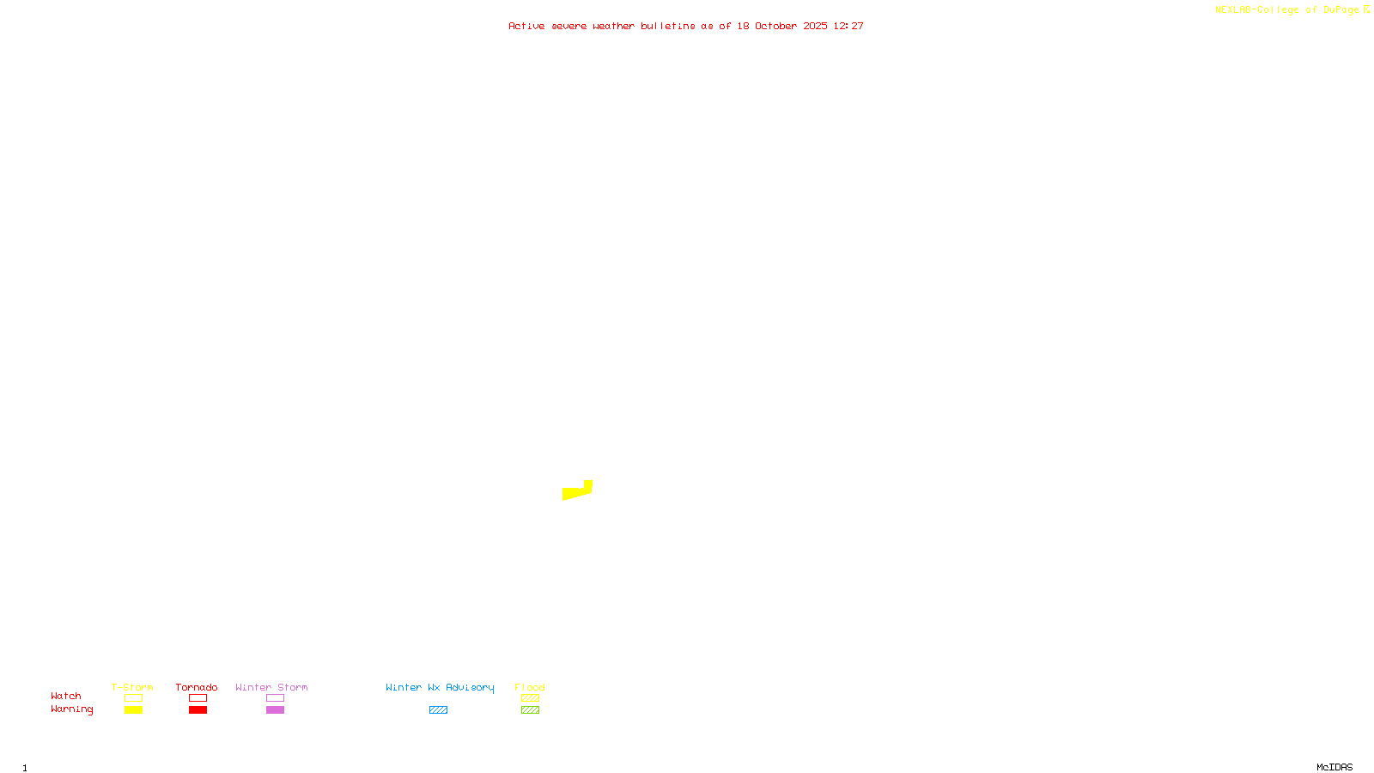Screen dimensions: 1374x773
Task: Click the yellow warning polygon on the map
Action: coord(575,492)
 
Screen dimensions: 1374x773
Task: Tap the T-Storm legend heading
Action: coord(132,687)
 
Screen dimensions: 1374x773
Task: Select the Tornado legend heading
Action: coord(197,687)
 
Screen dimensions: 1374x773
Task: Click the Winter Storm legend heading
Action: coord(271,687)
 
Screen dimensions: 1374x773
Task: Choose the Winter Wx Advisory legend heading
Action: coord(440,687)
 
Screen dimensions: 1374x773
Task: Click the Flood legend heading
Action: coord(530,687)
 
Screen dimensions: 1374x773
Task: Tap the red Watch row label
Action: coord(66,696)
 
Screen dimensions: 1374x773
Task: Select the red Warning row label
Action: coord(72,709)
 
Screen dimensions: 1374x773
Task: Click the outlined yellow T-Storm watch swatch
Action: coord(133,698)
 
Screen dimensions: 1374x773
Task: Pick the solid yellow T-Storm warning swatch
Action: coord(133,710)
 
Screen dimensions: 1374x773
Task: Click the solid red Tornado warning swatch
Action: coord(198,710)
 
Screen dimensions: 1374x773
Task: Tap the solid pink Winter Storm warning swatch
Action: coord(275,710)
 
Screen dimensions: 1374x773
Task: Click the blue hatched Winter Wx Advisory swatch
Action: coord(438,710)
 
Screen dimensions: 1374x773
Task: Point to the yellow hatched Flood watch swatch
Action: coord(530,698)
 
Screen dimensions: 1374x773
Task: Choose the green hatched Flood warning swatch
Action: coord(530,710)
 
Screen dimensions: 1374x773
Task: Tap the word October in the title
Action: coord(775,26)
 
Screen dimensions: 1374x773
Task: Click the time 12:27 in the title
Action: coord(848,26)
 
